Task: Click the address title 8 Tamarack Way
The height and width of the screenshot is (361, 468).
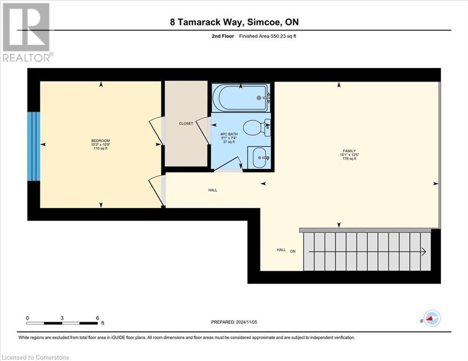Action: click(x=234, y=22)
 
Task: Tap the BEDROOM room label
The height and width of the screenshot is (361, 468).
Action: click(x=100, y=141)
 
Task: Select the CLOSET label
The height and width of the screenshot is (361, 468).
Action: click(x=186, y=124)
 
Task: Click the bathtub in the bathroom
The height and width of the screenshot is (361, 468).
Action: click(x=240, y=98)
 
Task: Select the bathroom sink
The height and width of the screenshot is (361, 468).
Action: click(x=259, y=157)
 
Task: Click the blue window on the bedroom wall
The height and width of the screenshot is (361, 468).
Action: click(x=33, y=146)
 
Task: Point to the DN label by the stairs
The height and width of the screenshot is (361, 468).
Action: click(x=293, y=251)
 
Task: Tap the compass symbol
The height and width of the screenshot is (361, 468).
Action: click(x=431, y=318)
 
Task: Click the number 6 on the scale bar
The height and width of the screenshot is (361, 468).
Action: click(x=97, y=318)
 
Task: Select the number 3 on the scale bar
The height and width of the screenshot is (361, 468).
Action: click(x=62, y=318)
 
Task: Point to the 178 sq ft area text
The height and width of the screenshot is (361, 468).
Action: click(x=349, y=159)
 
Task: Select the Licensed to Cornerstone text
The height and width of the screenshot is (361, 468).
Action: click(x=35, y=357)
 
